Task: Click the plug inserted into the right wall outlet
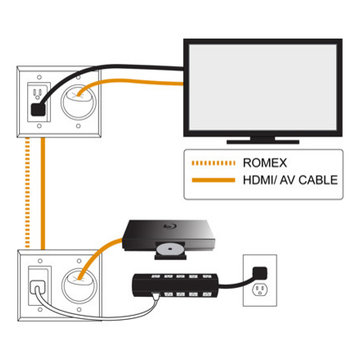(259, 270)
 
